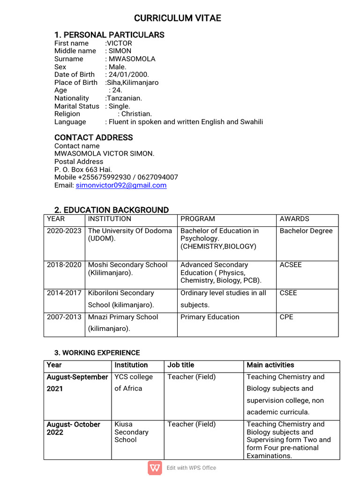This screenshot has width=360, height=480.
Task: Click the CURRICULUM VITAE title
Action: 177,18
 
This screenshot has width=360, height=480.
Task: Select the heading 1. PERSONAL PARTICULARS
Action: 109,35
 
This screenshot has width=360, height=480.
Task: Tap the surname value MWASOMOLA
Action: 132,59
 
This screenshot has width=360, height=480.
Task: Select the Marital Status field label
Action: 77,106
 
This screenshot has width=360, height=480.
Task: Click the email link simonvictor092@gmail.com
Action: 121,185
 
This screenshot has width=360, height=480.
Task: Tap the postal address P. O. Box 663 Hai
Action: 83,169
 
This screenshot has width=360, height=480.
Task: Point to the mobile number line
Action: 116,177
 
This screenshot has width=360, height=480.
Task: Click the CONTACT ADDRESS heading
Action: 94,137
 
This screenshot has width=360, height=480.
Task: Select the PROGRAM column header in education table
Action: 198,219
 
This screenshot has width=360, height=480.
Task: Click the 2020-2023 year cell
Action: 64,231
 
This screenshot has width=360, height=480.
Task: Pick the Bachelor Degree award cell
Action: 306,231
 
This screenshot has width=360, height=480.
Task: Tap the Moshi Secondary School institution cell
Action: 127,269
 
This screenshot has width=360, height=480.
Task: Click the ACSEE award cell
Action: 291,265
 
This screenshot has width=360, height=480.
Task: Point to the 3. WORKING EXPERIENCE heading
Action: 97,352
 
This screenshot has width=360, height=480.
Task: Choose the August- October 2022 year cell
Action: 74,428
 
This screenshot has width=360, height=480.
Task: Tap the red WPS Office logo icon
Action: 155,468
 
